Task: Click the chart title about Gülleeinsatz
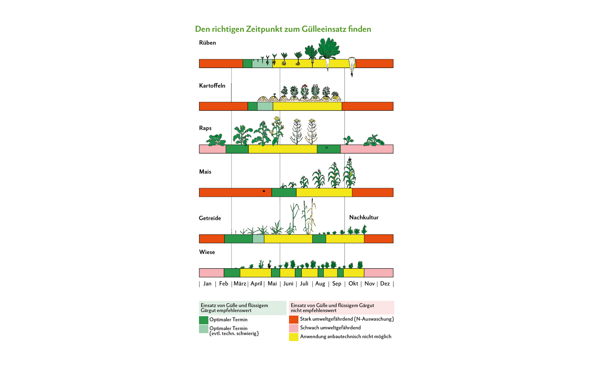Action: (x=283, y=29)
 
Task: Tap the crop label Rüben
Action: (x=208, y=43)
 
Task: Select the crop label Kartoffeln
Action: (x=212, y=86)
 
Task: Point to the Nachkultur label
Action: (x=364, y=218)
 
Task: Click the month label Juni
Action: (x=288, y=283)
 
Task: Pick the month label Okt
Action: (x=353, y=283)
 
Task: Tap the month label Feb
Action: (x=223, y=283)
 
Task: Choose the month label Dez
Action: (x=385, y=283)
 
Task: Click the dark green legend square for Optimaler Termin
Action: (x=203, y=320)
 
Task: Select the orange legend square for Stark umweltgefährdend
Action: (x=294, y=320)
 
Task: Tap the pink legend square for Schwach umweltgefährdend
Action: (x=294, y=328)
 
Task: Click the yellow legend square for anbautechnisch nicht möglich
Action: (x=294, y=337)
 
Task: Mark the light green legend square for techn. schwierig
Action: (x=203, y=329)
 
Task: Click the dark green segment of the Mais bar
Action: (x=284, y=193)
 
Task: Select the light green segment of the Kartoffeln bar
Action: (x=265, y=106)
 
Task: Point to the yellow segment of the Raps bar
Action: (x=283, y=149)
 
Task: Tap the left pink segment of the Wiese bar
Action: (x=212, y=273)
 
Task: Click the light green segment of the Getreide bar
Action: (x=258, y=239)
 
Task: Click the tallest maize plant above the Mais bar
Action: (x=349, y=173)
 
